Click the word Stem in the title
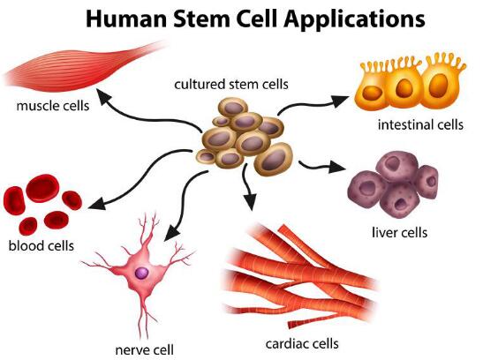pyautogui.click(x=201, y=19)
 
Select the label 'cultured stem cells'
pyautogui.click(x=231, y=84)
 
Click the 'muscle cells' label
pyautogui.click(x=53, y=106)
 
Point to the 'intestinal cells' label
pyautogui.click(x=420, y=124)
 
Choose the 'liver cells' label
pyautogui.click(x=399, y=232)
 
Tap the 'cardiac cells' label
pyautogui.click(x=302, y=343)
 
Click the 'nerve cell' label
pyautogui.click(x=144, y=349)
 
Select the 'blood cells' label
pyautogui.click(x=42, y=245)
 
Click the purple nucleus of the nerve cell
pyautogui.click(x=141, y=273)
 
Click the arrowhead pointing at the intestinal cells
pyautogui.click(x=340, y=101)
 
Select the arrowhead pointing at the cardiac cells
pyautogui.click(x=251, y=201)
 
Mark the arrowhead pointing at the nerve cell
pyautogui.click(x=171, y=233)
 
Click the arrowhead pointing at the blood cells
pyautogui.click(x=97, y=204)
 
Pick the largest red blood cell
pyautogui.click(x=42, y=188)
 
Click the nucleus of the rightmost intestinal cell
pyautogui.click(x=439, y=86)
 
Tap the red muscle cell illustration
pyautogui.click(x=83, y=67)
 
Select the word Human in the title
pyautogui.click(x=127, y=19)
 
